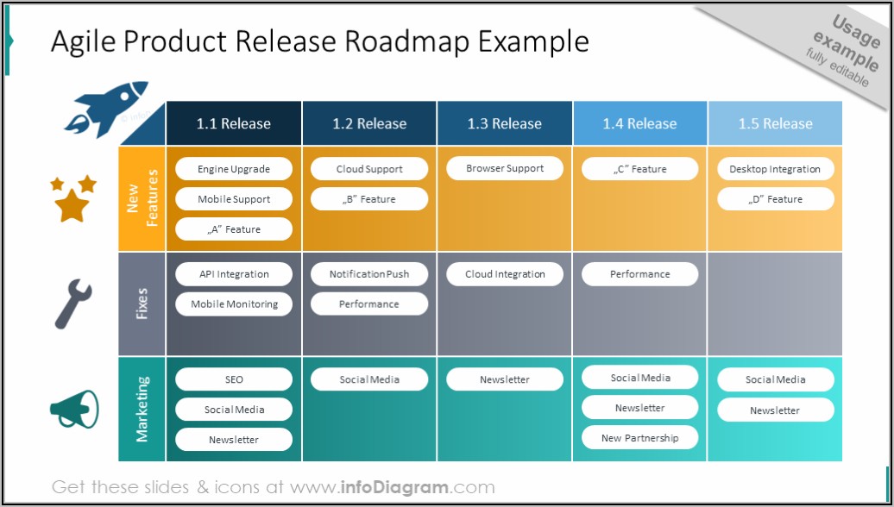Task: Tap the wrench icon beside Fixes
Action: (73, 304)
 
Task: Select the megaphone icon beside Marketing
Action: (74, 410)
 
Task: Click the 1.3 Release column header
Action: (504, 123)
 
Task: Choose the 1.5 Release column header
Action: (775, 123)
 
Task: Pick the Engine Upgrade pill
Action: (234, 169)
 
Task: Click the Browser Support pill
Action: (505, 168)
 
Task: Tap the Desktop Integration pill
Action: (775, 169)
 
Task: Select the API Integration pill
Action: (234, 274)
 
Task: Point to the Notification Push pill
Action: (369, 274)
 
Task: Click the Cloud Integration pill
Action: (505, 274)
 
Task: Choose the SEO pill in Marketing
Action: (234, 379)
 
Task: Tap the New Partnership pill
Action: (639, 438)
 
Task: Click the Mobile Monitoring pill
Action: (234, 304)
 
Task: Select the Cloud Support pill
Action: (369, 169)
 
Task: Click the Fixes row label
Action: (142, 304)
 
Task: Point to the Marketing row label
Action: (142, 409)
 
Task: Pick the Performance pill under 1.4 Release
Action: (639, 274)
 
